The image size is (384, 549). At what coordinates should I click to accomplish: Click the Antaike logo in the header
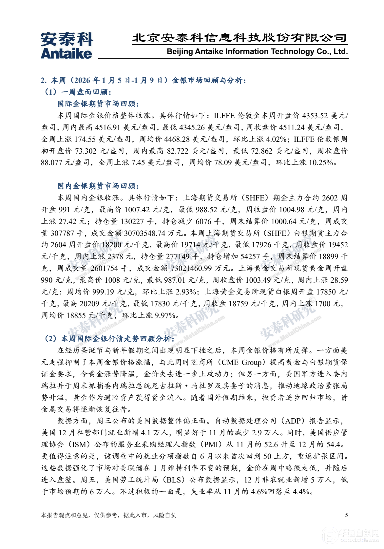[67, 46]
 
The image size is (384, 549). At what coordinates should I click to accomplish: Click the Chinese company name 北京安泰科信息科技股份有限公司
[239, 38]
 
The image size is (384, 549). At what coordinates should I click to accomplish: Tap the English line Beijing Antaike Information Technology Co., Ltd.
[257, 52]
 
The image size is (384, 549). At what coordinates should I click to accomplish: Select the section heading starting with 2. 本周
[144, 80]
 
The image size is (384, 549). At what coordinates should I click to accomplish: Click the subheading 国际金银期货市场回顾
[98, 104]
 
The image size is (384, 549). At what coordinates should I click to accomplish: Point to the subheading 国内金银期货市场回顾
[98, 186]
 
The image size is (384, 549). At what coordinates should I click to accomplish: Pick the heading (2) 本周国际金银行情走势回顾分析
[109, 338]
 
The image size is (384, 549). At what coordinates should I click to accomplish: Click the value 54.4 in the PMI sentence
[335, 445]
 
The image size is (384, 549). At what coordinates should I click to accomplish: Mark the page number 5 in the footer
[346, 515]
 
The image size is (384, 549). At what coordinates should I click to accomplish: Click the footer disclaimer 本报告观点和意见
[108, 515]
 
